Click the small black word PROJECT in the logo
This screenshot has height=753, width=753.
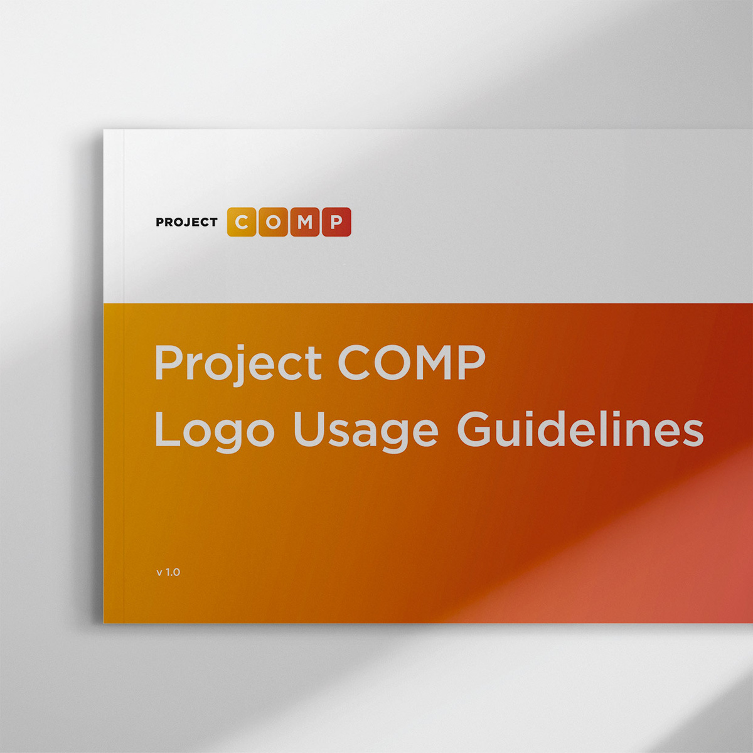[x=186, y=222]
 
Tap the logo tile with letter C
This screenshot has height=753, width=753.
[x=242, y=222]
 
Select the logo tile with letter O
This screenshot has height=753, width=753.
[x=273, y=222]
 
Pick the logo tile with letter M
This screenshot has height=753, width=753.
[x=305, y=222]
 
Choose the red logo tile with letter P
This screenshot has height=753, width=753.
[x=336, y=222]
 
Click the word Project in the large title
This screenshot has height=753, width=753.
[x=238, y=364]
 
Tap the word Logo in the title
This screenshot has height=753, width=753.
[x=214, y=432]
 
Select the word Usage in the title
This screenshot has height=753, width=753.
[x=365, y=432]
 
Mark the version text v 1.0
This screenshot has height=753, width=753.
[x=168, y=572]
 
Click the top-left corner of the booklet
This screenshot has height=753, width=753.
[x=104, y=131]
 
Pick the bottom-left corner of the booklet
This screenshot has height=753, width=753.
[x=104, y=622]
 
